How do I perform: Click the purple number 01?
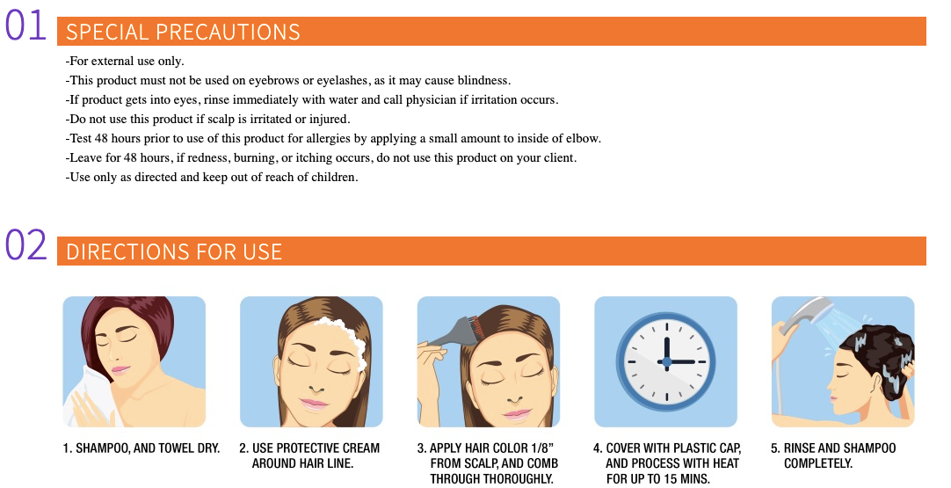26,26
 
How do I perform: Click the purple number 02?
26,245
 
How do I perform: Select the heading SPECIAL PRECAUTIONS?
183,32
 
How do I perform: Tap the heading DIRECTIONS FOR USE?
174,251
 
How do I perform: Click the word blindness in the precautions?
483,80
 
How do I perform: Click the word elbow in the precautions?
582,138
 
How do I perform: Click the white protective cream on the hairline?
349,341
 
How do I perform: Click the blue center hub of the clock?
666,361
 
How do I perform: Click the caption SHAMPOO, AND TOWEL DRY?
148,448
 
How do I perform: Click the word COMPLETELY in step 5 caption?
818,463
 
